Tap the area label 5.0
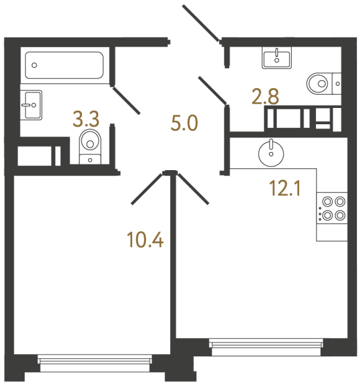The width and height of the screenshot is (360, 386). coord(185,125)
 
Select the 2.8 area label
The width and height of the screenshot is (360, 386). coord(265,96)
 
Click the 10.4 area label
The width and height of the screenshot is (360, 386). coord(146,241)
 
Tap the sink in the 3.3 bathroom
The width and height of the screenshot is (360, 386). coord(31,105)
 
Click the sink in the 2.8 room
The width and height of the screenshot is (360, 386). coord(277,59)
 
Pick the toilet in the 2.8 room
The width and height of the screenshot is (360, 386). coord(320,82)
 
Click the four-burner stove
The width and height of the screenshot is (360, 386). coord(333,209)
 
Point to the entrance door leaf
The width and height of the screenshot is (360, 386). coord(201,24)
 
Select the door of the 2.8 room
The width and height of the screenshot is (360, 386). coord(213,92)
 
